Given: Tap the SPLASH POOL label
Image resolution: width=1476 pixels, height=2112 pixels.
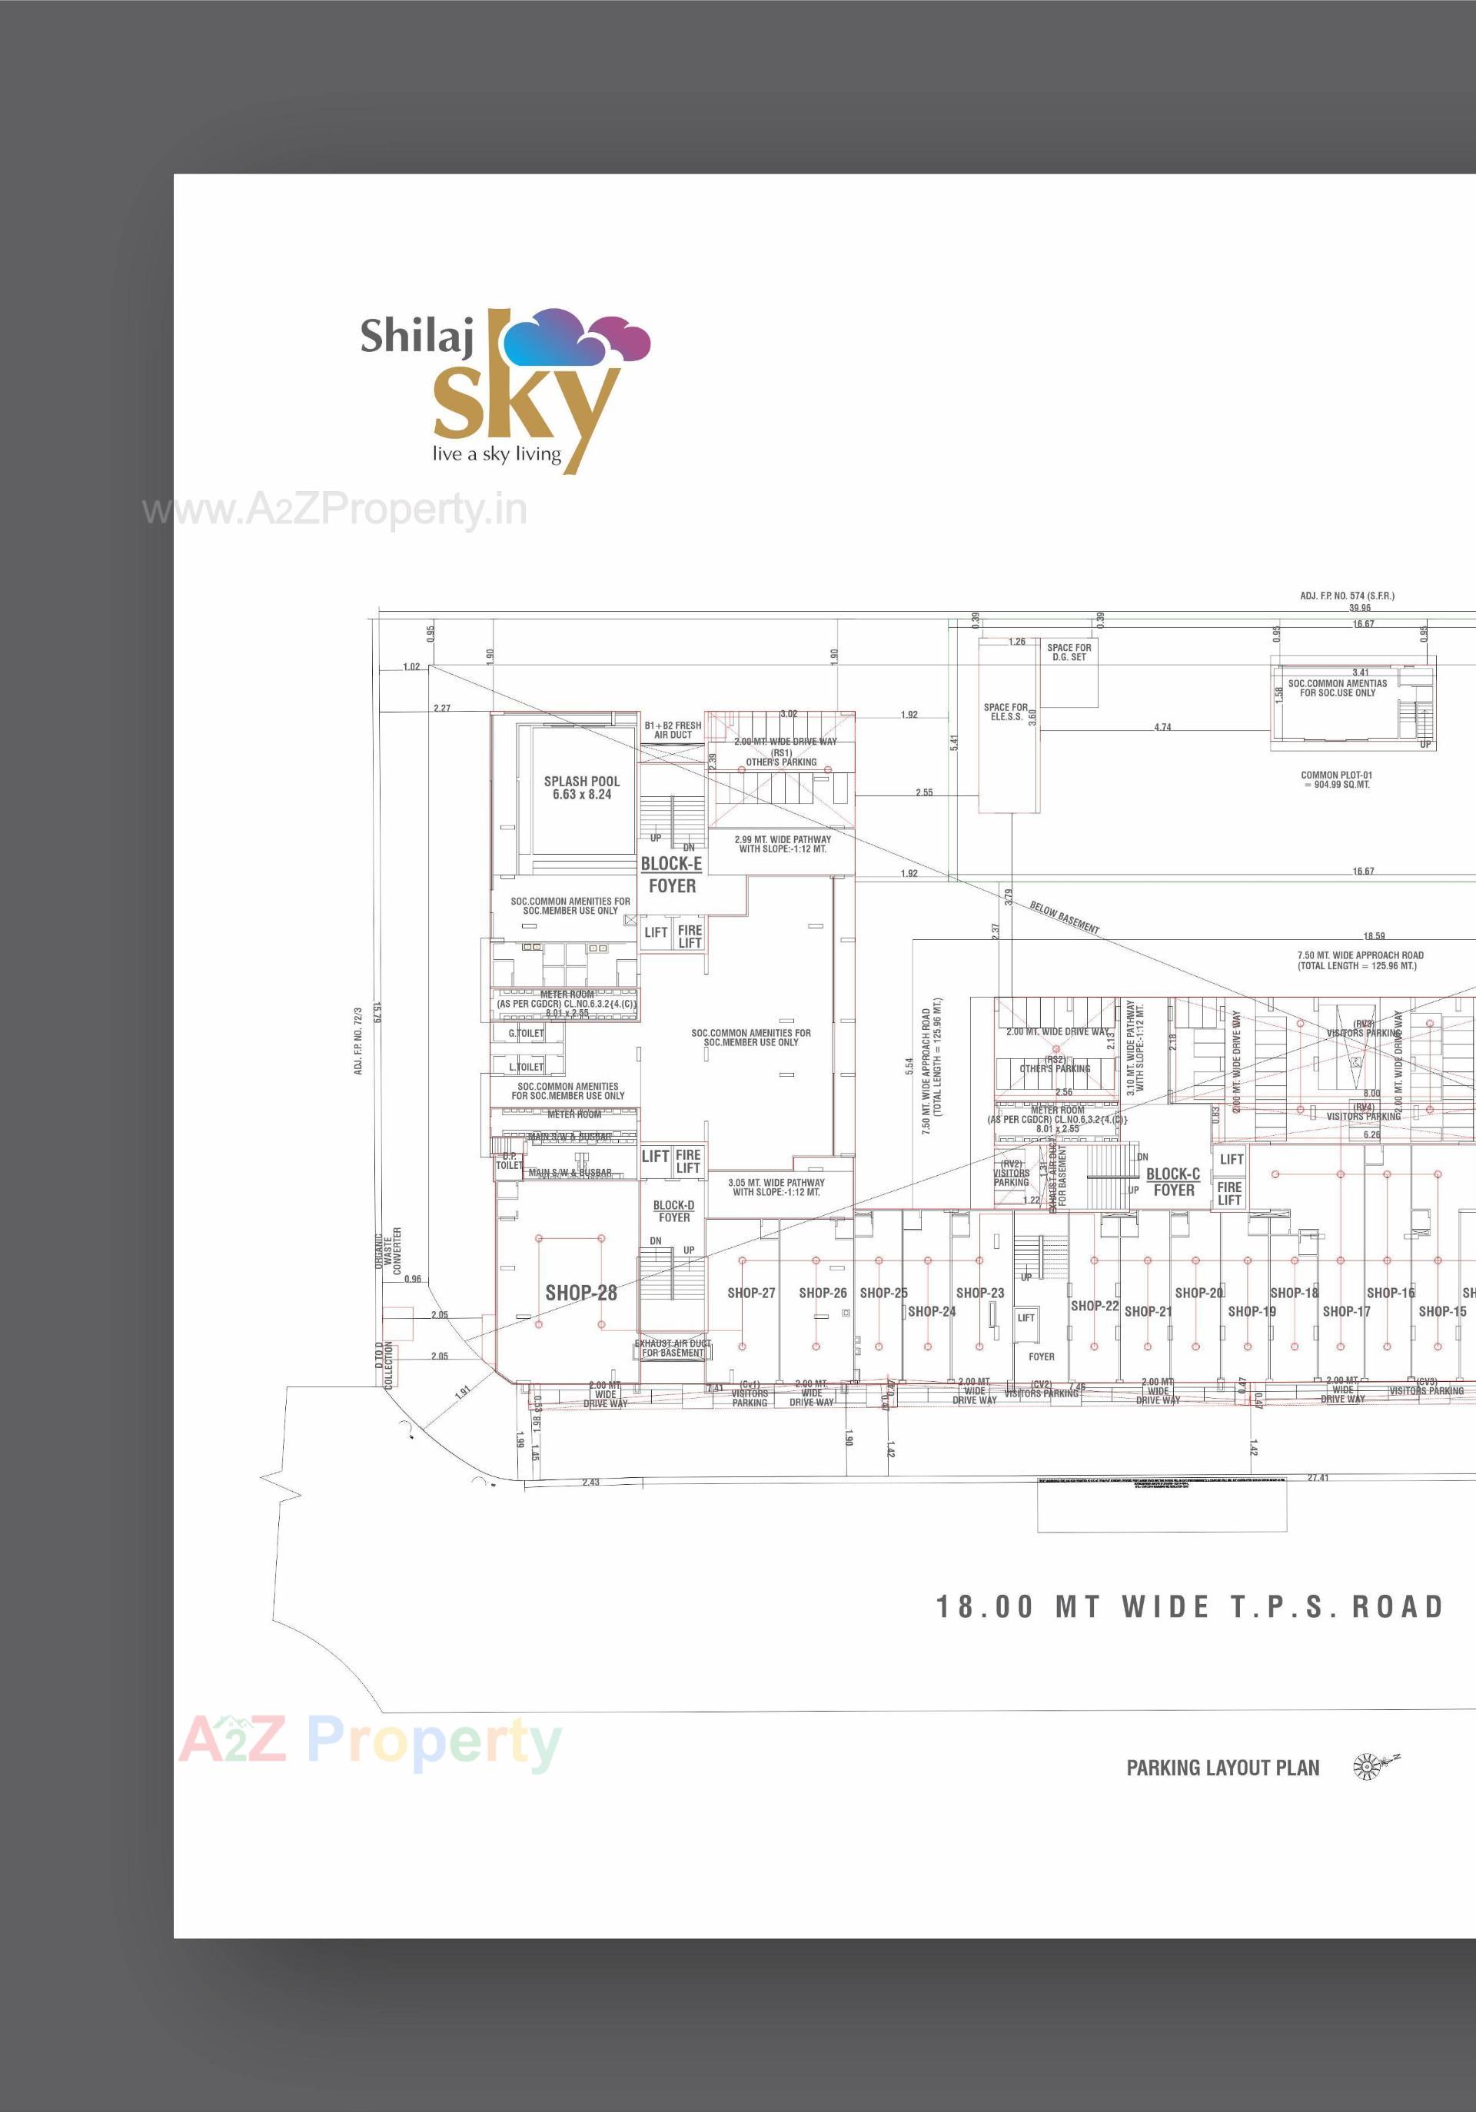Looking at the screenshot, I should (x=582, y=789).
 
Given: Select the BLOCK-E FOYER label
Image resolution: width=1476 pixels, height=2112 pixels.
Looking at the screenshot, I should (x=672, y=875).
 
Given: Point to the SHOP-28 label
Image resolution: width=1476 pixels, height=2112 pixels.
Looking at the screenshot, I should (x=580, y=1293).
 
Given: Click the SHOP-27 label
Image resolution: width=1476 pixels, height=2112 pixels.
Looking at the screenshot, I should (x=751, y=1293).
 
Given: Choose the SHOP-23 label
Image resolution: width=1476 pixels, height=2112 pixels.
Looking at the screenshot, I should (x=980, y=1293).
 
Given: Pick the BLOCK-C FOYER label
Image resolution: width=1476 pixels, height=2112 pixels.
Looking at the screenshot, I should (x=1173, y=1182).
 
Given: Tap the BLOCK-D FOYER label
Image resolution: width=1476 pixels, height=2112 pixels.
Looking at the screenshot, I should (x=673, y=1211).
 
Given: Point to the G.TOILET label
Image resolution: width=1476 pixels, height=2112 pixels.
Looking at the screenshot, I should (x=527, y=1033).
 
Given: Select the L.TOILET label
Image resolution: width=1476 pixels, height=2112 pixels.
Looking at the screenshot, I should (x=527, y=1067).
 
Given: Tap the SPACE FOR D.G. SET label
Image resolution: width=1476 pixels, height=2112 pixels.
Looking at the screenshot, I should (x=1069, y=653).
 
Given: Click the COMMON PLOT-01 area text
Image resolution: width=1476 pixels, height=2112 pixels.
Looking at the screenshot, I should (x=1336, y=780).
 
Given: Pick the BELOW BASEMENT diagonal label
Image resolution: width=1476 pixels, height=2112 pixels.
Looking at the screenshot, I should (x=1065, y=917).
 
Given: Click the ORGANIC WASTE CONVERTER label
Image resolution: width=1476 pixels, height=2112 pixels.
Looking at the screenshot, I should (x=387, y=1250).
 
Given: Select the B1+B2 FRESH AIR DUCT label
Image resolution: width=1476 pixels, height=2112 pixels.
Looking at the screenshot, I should (x=673, y=730).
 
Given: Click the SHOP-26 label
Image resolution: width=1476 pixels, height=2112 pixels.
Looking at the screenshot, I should (x=823, y=1293).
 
